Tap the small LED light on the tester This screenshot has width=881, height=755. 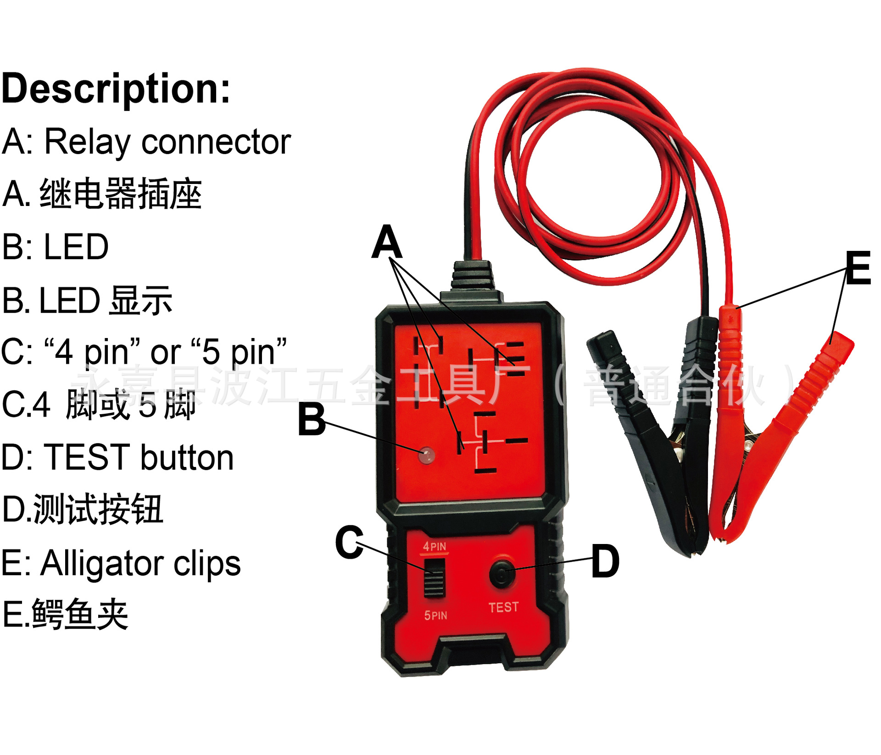tap(427, 455)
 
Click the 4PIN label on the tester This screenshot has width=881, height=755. tap(434, 546)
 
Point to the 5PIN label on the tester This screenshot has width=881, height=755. tap(435, 615)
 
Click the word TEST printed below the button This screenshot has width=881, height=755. tap(503, 607)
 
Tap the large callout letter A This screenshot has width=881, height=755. tap(387, 242)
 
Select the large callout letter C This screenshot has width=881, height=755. tap(349, 542)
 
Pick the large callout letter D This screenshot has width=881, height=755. tap(605, 561)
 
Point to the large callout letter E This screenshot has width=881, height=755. tap(858, 268)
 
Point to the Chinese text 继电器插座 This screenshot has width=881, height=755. tap(121, 194)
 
